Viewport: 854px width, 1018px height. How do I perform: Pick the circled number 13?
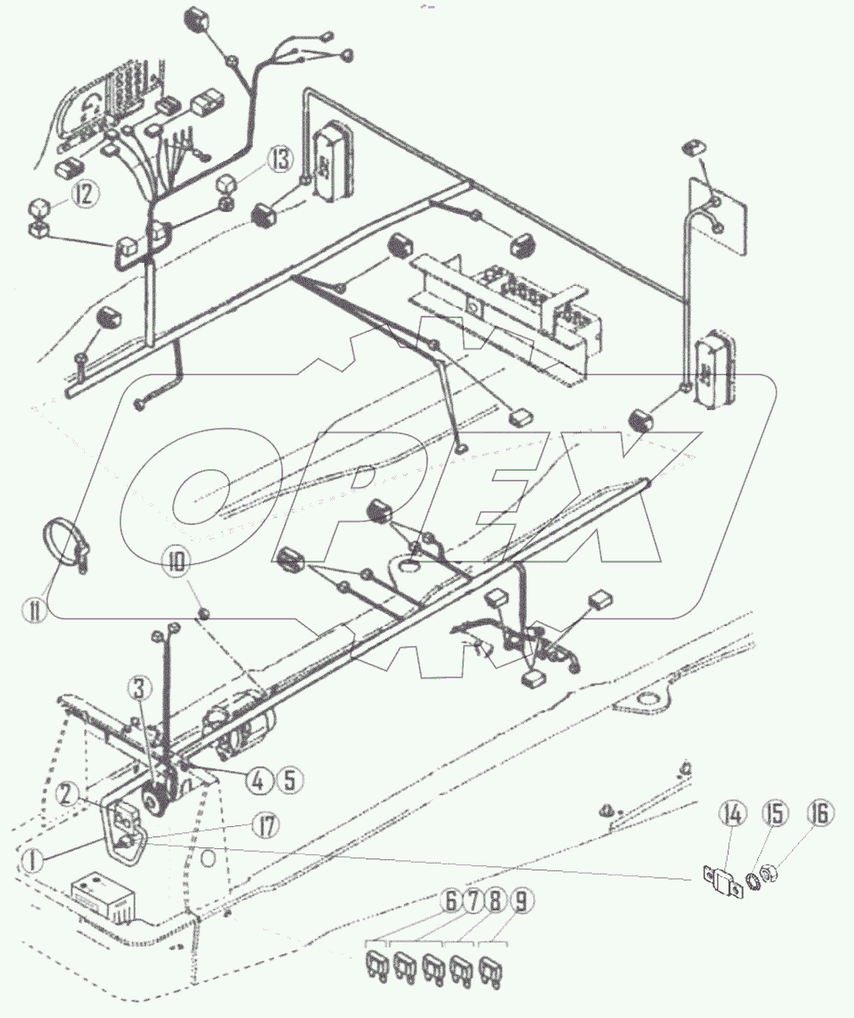coord(281,159)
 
